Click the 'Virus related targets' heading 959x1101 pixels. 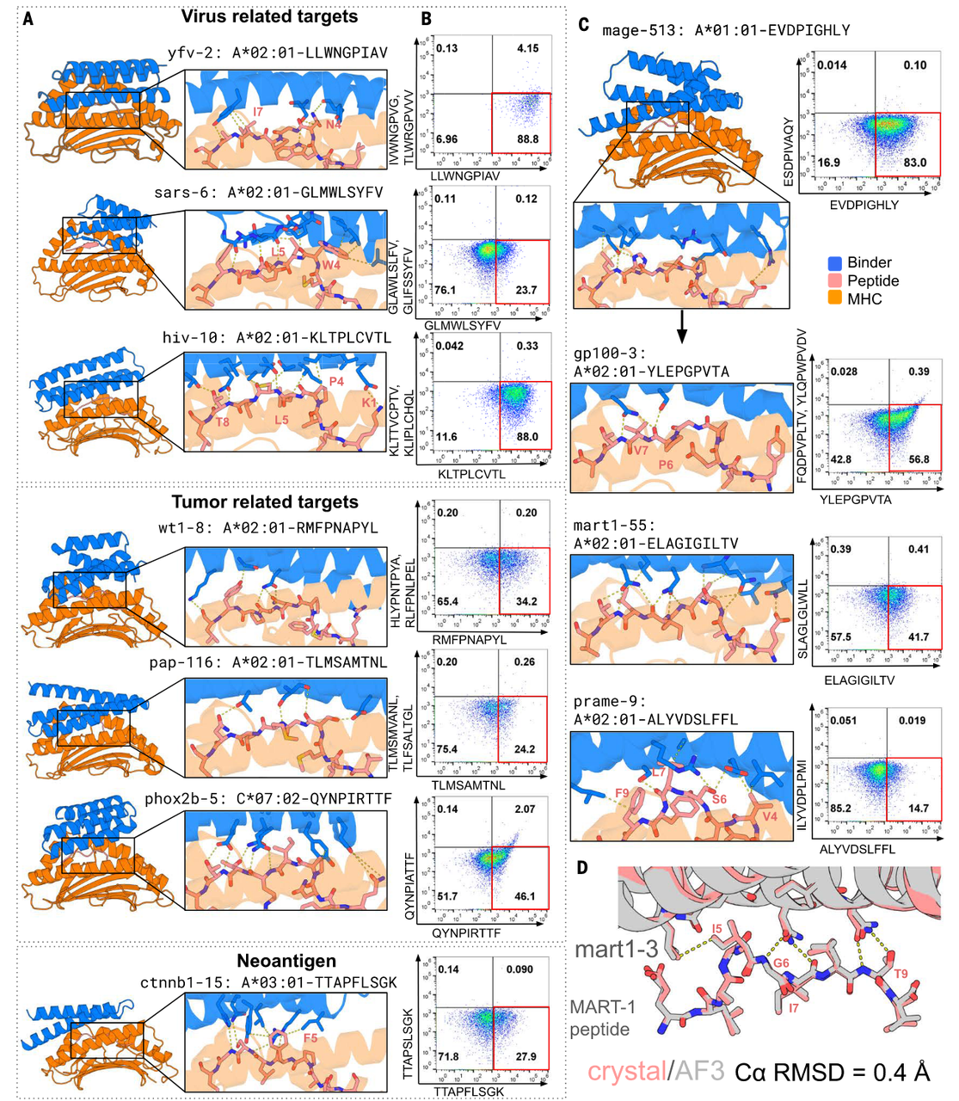click(x=269, y=16)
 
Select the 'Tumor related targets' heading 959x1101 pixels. click(x=264, y=502)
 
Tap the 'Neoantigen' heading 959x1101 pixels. click(x=286, y=961)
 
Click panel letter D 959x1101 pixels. click(x=582, y=867)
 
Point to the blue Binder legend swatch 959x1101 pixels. click(x=834, y=263)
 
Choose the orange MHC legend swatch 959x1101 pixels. click(x=834, y=299)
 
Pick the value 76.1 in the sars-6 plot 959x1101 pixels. click(x=446, y=290)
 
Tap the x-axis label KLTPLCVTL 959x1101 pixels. click(x=471, y=474)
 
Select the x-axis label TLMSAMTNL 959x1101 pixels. click(x=469, y=785)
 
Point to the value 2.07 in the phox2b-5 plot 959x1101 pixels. click(x=525, y=809)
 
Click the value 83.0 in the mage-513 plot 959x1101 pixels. click(x=914, y=163)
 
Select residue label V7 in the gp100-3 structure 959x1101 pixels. click(x=642, y=451)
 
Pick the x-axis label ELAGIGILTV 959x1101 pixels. click(x=859, y=680)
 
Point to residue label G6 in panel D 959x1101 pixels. click(x=780, y=963)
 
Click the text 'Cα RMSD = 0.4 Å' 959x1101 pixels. click(x=832, y=1072)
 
